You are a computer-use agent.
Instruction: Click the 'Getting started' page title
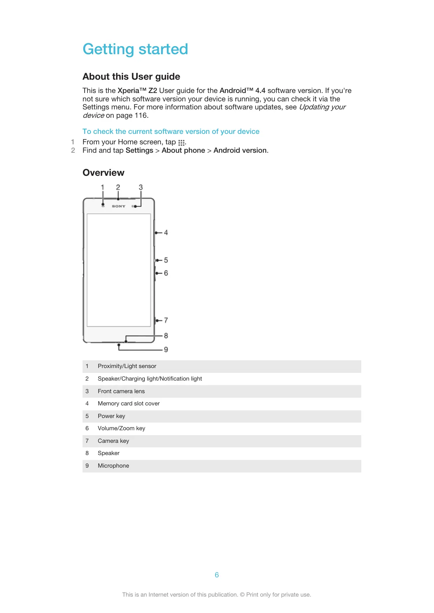click(x=135, y=49)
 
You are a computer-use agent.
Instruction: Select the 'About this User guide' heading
click(x=131, y=77)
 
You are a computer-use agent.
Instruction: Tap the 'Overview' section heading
click(x=103, y=173)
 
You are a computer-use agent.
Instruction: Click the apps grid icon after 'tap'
click(x=181, y=143)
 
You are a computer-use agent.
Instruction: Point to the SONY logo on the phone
click(x=119, y=206)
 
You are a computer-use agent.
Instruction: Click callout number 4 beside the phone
click(x=166, y=232)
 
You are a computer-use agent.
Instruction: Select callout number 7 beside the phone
click(x=166, y=320)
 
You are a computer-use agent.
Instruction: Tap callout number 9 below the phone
click(x=166, y=349)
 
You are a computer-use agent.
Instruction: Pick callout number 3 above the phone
click(x=141, y=187)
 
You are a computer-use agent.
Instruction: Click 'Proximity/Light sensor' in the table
click(x=127, y=366)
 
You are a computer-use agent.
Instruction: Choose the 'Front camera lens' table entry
click(x=121, y=391)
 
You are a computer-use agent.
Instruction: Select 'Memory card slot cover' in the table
click(x=129, y=403)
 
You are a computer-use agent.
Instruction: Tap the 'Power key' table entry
click(x=111, y=416)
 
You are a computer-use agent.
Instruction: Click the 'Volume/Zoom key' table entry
click(x=121, y=428)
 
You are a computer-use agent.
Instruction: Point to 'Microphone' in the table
click(x=113, y=466)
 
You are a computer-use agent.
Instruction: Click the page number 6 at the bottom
click(x=217, y=575)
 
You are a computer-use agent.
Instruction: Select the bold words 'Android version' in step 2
click(x=240, y=150)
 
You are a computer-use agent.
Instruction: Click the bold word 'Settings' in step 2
click(x=139, y=150)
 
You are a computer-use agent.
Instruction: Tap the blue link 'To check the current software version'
click(x=171, y=131)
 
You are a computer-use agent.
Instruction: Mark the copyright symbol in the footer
click(x=242, y=594)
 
